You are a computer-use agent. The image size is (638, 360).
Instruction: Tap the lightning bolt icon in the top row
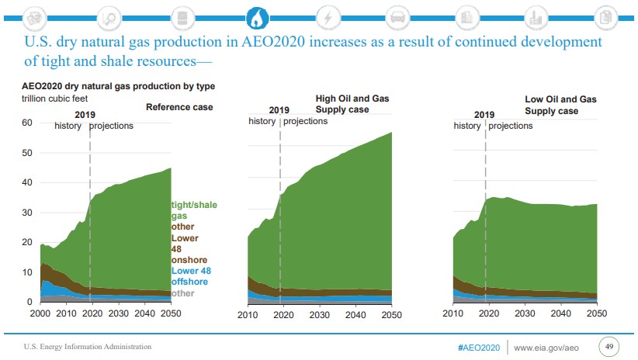point(328,16)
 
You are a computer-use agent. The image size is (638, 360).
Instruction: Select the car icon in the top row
point(398,16)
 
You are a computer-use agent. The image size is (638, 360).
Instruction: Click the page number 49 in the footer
point(609,345)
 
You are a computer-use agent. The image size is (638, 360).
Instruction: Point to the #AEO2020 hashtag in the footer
point(479,346)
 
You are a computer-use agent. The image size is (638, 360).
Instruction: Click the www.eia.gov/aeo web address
point(547,346)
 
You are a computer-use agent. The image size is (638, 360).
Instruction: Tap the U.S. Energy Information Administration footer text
point(87,346)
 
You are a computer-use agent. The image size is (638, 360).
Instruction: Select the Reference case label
point(179,107)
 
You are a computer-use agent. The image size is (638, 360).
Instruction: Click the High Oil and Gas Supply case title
point(348,104)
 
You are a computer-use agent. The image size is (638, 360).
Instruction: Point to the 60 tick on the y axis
point(27,123)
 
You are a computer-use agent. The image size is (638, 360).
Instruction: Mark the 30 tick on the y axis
point(27,213)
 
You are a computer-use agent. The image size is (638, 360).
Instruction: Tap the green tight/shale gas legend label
point(194,210)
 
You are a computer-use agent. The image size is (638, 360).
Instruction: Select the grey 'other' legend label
point(183,294)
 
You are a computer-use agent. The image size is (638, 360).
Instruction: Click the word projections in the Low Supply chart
point(511,126)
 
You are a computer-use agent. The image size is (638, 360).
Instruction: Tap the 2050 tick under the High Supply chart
point(391,314)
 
